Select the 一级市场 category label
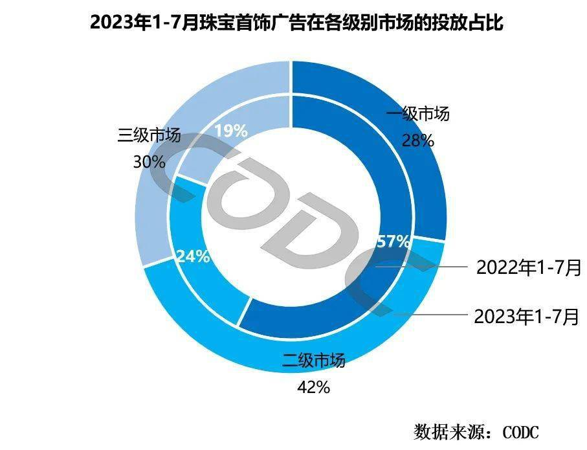click(x=417, y=115)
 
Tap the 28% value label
click(x=417, y=140)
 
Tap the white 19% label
click(x=230, y=131)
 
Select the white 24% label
click(x=193, y=256)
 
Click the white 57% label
click(x=393, y=242)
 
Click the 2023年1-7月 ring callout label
click(x=526, y=317)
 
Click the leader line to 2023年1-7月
click(x=434, y=315)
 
